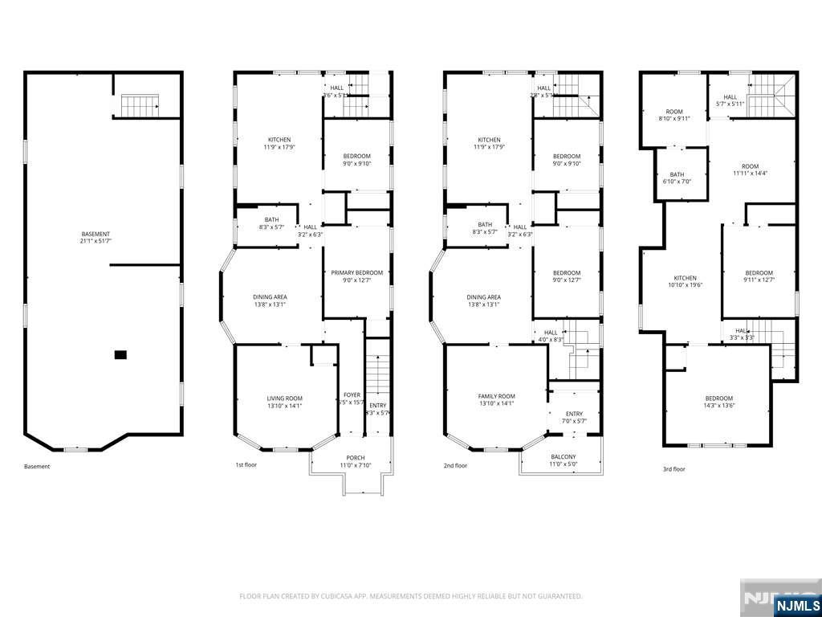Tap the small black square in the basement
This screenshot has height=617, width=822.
120,354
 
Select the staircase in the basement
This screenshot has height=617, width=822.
140,104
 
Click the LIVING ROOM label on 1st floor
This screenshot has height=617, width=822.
284,402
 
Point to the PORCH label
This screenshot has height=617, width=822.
350,461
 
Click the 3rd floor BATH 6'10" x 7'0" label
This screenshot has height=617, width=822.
677,178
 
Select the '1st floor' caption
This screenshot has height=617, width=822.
246,466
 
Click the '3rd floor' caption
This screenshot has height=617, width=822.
673,468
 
